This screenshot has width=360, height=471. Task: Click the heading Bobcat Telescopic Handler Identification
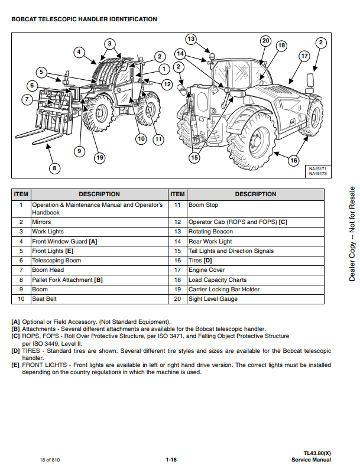pyautogui.click(x=84, y=19)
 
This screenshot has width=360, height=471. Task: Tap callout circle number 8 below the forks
pyautogui.click(x=54, y=169)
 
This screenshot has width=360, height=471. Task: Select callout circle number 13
pyautogui.click(x=191, y=40)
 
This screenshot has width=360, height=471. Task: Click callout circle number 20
pyautogui.click(x=265, y=41)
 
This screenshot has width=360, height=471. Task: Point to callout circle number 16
pyautogui.click(x=293, y=160)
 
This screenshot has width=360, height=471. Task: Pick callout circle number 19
pyautogui.click(x=99, y=157)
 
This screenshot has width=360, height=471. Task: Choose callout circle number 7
pyautogui.click(x=27, y=99)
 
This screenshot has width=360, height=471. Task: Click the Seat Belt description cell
pyautogui.click(x=45, y=299)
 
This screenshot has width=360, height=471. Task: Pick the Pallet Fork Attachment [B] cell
pyautogui.click(x=67, y=280)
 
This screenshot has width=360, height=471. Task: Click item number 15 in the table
pyautogui.click(x=177, y=251)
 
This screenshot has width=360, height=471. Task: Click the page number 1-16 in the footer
pyautogui.click(x=172, y=460)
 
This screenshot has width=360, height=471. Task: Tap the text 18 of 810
pyautogui.click(x=50, y=460)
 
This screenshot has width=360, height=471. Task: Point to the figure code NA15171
pyautogui.click(x=318, y=169)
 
